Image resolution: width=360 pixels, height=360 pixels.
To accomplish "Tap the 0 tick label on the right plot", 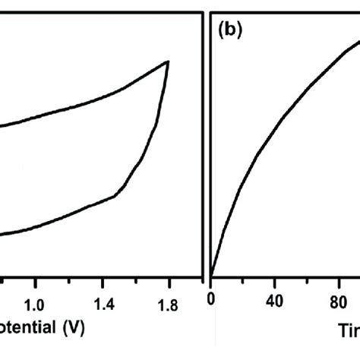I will coord(212,299).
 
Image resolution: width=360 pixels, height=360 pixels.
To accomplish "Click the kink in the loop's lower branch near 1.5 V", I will coord(115,196).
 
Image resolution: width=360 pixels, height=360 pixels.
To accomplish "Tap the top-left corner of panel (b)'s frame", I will coord(211,14).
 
